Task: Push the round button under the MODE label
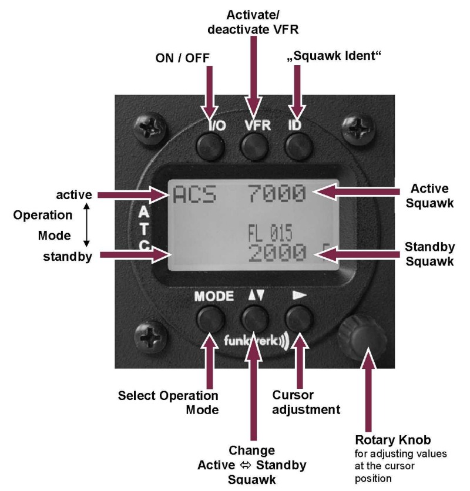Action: pyautogui.click(x=210, y=320)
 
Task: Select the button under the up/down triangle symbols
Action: pyautogui.click(x=254, y=320)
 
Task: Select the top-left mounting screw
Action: pyautogui.click(x=146, y=126)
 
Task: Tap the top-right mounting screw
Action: pyautogui.click(x=358, y=126)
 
